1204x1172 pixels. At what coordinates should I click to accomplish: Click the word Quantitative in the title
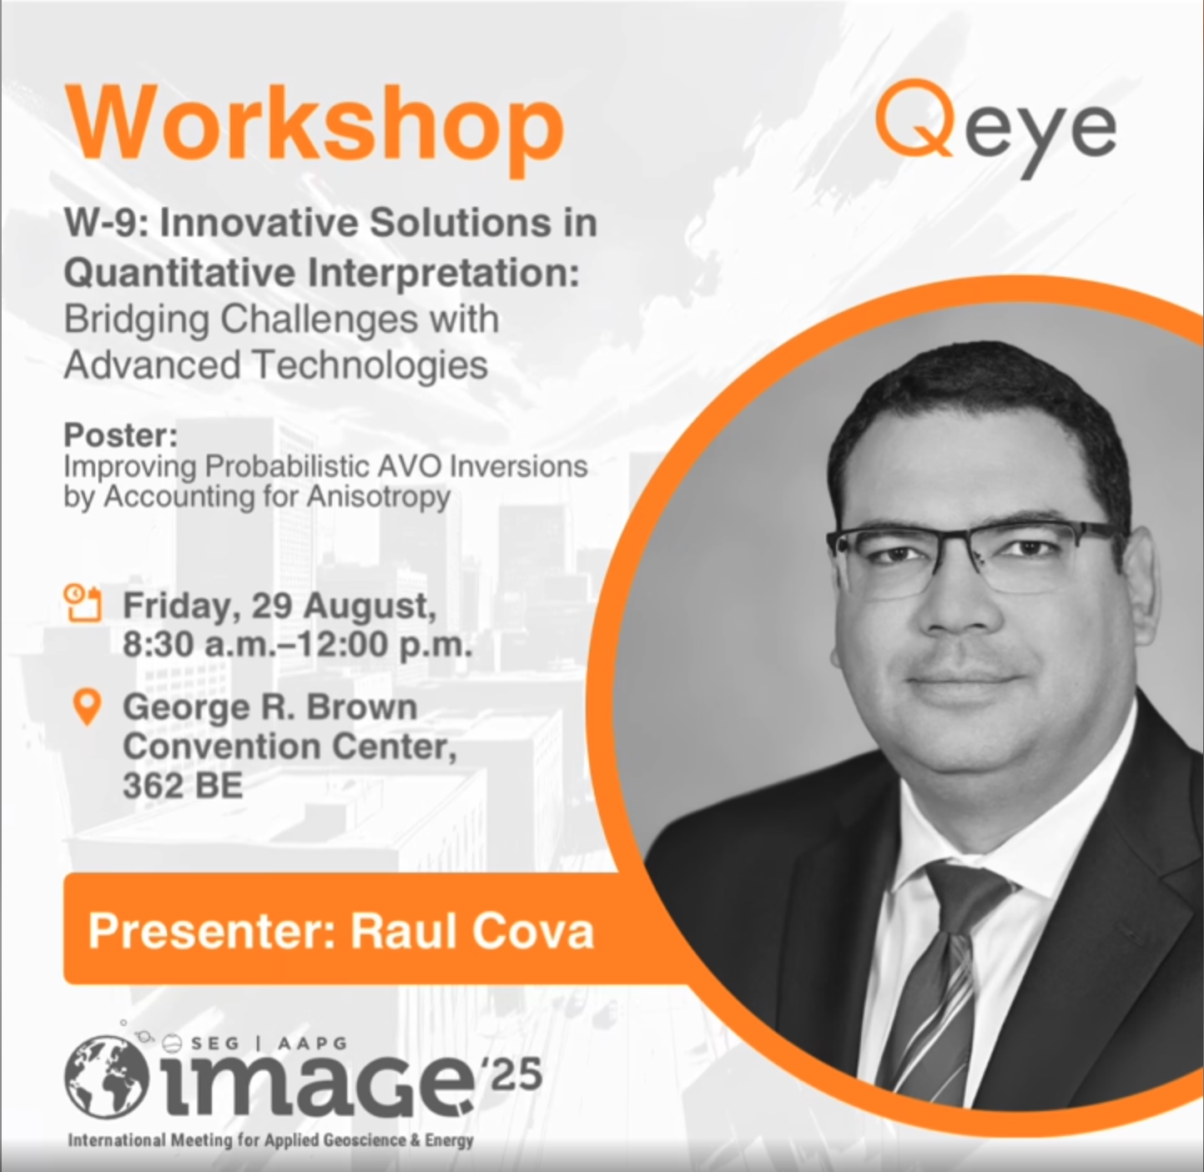coord(179,274)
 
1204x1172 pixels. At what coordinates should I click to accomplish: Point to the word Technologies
coord(371,365)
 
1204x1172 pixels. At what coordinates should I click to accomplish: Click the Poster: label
coord(121,435)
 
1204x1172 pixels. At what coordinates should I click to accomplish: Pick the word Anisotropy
coord(379,497)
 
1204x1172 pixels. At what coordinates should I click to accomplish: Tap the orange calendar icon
coord(83,601)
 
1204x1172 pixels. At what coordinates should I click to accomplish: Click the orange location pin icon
coord(88,707)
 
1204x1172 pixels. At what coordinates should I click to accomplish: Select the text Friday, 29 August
coord(280,606)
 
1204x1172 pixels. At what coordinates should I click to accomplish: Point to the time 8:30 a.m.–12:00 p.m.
coord(298,645)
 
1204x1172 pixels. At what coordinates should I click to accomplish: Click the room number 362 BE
coord(183,786)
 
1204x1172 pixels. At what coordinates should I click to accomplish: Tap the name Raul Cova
coord(472,932)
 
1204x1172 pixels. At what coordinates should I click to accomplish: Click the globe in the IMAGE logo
coord(107,1077)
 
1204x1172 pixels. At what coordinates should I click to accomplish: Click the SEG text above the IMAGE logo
coord(214,1044)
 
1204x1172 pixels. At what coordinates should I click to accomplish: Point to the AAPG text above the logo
coord(312,1044)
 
